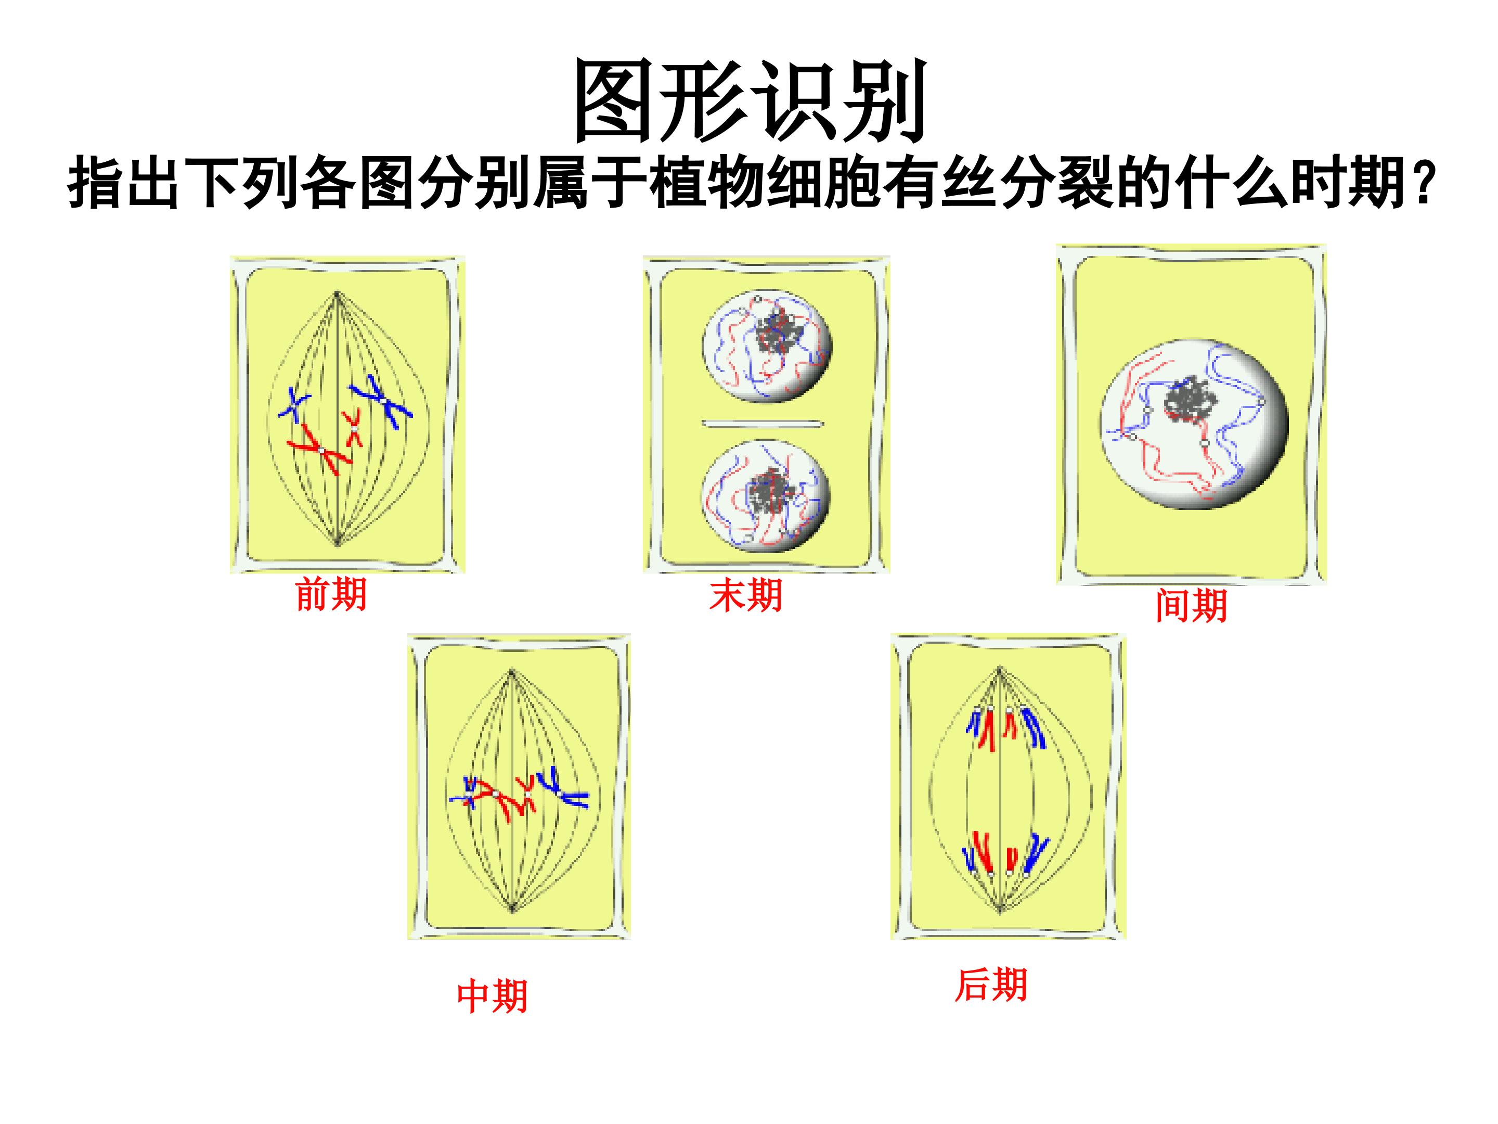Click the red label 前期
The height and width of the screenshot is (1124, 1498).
click(331, 595)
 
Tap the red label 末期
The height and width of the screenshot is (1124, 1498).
click(745, 595)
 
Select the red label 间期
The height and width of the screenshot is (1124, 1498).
click(1191, 605)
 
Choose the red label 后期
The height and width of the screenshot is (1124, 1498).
click(991, 985)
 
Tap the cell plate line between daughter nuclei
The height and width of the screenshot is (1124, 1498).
click(763, 424)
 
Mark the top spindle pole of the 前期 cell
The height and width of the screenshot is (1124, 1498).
click(337, 292)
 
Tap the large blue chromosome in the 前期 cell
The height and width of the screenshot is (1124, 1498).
click(381, 401)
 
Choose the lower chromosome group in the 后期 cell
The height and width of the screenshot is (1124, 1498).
click(1006, 854)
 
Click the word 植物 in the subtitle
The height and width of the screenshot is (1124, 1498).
click(706, 183)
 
